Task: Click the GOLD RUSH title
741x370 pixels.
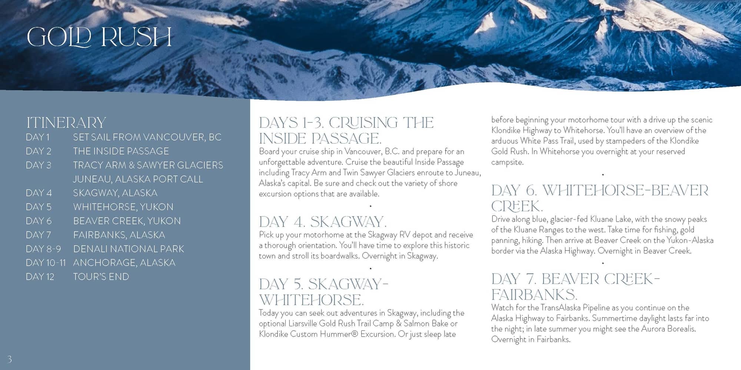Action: click(99, 37)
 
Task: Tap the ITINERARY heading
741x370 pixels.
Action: click(66, 122)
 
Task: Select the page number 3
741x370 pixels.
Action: click(10, 359)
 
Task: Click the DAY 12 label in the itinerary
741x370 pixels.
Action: click(40, 277)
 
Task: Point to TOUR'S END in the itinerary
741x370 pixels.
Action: click(101, 277)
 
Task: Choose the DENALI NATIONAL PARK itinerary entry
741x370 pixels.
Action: click(129, 249)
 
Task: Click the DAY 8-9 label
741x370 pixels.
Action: click(43, 249)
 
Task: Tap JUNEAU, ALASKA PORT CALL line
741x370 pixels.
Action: click(138, 179)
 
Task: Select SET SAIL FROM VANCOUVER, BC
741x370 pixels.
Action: click(147, 137)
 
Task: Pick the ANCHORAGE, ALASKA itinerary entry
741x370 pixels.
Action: click(124, 263)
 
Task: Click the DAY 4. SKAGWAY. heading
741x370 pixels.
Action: click(323, 222)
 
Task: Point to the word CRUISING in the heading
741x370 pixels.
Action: click(363, 123)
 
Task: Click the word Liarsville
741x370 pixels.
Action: click(303, 323)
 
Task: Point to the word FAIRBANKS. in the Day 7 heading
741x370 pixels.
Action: click(534, 295)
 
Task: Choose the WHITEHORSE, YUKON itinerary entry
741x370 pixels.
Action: click(123, 207)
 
